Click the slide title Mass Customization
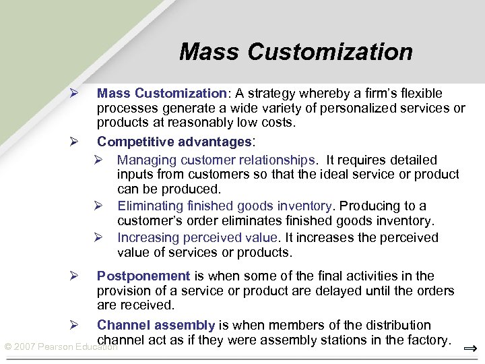pyautogui.click(x=296, y=52)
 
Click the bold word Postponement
pyautogui.click(x=143, y=276)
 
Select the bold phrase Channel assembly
pyautogui.click(x=156, y=325)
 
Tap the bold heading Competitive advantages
pyautogui.click(x=174, y=142)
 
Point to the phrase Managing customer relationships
pyautogui.click(x=217, y=160)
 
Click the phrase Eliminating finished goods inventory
pyautogui.click(x=224, y=206)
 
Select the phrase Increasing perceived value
pyautogui.click(x=197, y=237)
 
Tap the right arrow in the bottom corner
pyautogui.click(x=472, y=348)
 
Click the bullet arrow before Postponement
pyautogui.click(x=75, y=276)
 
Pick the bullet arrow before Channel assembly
pyautogui.click(x=75, y=326)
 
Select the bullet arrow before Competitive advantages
pyautogui.click(x=75, y=142)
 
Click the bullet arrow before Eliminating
pyautogui.click(x=98, y=206)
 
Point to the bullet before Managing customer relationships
pyautogui.click(x=98, y=160)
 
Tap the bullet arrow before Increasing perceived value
pyautogui.click(x=98, y=237)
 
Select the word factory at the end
pyautogui.click(x=427, y=340)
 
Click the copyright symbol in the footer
pyautogui.click(x=7, y=346)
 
